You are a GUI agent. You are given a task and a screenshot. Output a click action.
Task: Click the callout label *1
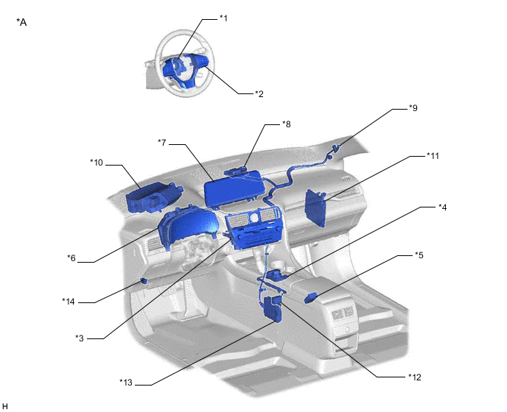pos(224,18)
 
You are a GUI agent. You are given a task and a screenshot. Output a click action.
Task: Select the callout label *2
pos(259,94)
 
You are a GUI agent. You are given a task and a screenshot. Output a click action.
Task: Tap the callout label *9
pos(413,108)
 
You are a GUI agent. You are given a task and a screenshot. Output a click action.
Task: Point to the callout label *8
pos(287,124)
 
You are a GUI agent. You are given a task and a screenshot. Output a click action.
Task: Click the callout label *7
pos(162,143)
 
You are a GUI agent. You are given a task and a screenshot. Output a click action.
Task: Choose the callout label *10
pos(97,163)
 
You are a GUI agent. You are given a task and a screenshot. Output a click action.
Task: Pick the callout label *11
pos(433,156)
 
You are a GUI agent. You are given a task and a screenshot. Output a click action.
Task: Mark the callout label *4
pos(443,207)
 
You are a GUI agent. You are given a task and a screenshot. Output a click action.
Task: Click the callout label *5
pos(419,255)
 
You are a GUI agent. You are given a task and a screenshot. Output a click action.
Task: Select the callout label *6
pos(71,258)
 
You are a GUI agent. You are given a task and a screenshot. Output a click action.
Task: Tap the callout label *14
pos(69,302)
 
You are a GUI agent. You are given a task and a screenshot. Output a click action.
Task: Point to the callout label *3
pos(80,338)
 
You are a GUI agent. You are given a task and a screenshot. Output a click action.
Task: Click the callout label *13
pos(126,383)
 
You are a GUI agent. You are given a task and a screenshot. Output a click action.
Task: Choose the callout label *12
pos(415,377)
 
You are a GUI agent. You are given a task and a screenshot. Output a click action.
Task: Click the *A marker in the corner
pos(21,22)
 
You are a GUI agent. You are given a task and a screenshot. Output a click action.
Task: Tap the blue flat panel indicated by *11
pos(315,208)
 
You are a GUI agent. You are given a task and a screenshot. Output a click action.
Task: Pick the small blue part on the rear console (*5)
pos(311,298)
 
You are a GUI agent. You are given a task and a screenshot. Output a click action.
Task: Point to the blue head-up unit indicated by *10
pos(153,197)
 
